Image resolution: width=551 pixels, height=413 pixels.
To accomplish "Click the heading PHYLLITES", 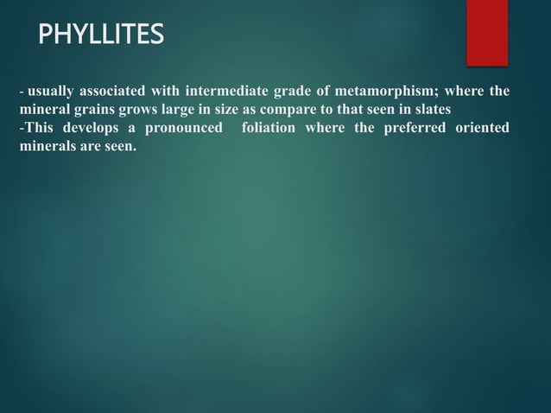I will click(101, 35).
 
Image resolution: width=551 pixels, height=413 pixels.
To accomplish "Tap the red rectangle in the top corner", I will click(487, 32).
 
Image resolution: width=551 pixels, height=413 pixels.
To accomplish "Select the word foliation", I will click(274, 128).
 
